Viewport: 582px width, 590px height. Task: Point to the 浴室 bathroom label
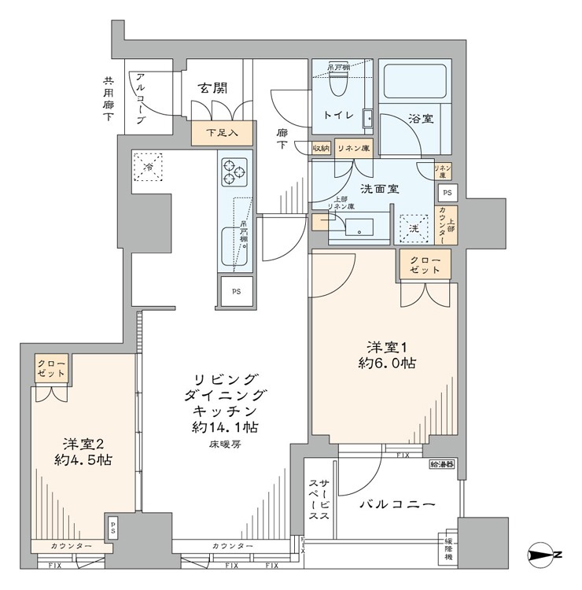pyautogui.click(x=418, y=119)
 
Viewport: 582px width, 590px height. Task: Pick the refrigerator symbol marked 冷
pyautogui.click(x=149, y=166)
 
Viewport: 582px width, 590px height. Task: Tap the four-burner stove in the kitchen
pyautogui.click(x=234, y=171)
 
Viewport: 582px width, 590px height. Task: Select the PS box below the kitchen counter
pyautogui.click(x=236, y=289)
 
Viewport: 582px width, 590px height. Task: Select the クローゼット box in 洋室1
pyautogui.click(x=425, y=264)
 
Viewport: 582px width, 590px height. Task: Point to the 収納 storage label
pyautogui.click(x=320, y=147)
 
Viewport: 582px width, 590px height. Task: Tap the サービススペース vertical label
pyautogui.click(x=319, y=500)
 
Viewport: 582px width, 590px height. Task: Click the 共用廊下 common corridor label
pyautogui.click(x=107, y=98)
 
